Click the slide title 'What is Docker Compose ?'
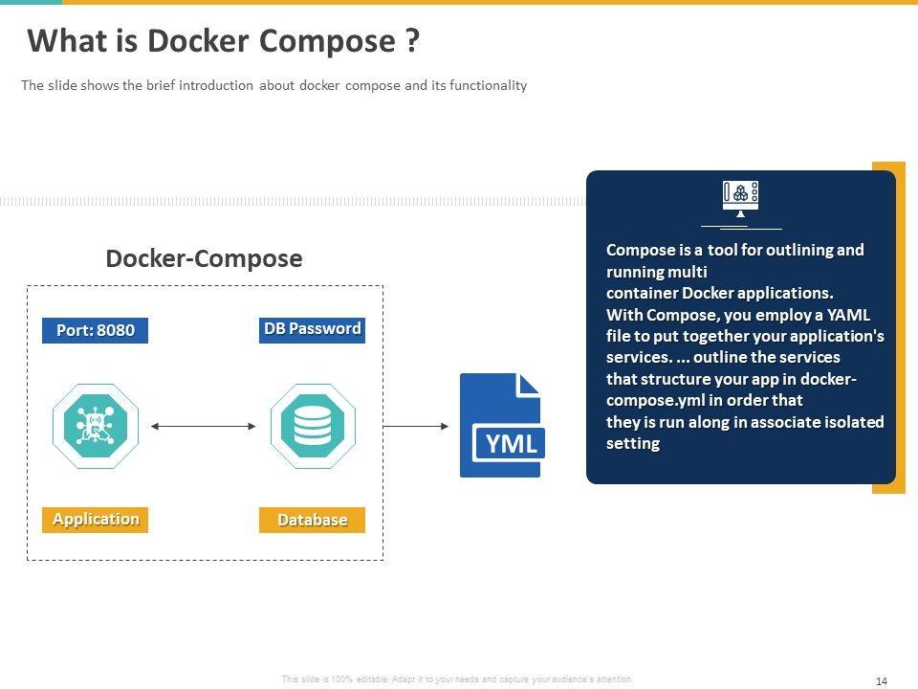click(x=223, y=42)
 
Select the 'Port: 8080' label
click(x=95, y=331)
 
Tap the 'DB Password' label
click(x=312, y=329)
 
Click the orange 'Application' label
click(x=95, y=520)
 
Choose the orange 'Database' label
click(x=312, y=521)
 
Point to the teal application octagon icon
click(x=96, y=426)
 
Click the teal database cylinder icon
click(x=313, y=426)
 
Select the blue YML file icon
click(x=501, y=426)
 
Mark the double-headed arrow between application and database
click(x=204, y=426)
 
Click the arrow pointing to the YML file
click(x=416, y=426)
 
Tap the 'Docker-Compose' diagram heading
click(x=204, y=258)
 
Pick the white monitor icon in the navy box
click(x=740, y=198)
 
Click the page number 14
click(x=882, y=680)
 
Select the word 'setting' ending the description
click(x=633, y=443)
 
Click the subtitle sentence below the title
click(x=273, y=85)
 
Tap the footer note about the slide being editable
click(x=457, y=679)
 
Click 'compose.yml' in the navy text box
click(x=647, y=400)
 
